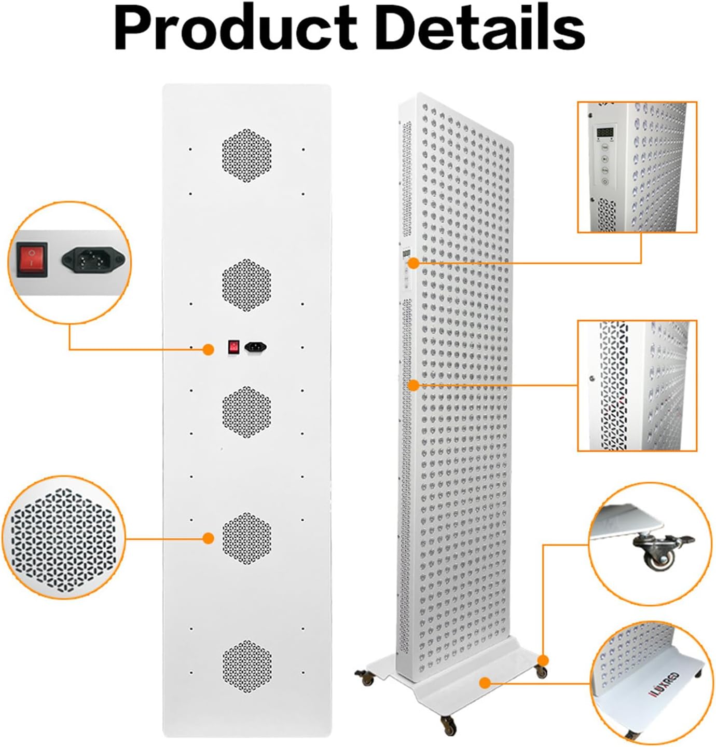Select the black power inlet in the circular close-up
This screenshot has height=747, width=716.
point(93,259)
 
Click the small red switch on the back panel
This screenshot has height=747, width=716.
point(235,347)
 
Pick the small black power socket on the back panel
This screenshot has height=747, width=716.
point(256,346)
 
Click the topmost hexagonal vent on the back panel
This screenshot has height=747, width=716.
point(247,156)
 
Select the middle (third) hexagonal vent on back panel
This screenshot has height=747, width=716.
point(247,412)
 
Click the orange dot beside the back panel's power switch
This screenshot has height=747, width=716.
point(208,349)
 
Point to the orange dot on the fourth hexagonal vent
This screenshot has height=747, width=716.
point(208,538)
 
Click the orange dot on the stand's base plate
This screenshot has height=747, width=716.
point(485,682)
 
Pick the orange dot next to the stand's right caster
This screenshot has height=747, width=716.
point(543,660)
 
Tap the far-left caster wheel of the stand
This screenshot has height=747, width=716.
point(365,677)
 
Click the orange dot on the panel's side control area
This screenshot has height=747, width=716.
point(414,263)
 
